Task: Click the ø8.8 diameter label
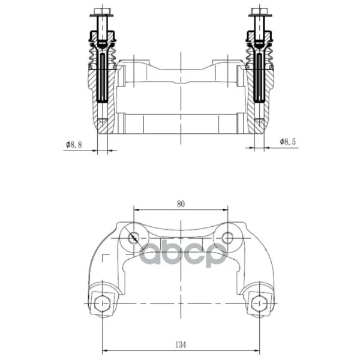pyautogui.click(x=74, y=145)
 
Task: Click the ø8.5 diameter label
pyautogui.click(x=288, y=142)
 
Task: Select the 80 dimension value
pyautogui.click(x=181, y=204)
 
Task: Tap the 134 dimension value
pyautogui.click(x=181, y=345)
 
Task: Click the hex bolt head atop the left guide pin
pyautogui.click(x=103, y=11)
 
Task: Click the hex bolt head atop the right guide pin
pyautogui.click(x=259, y=11)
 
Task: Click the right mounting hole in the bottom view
pyautogui.click(x=228, y=238)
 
